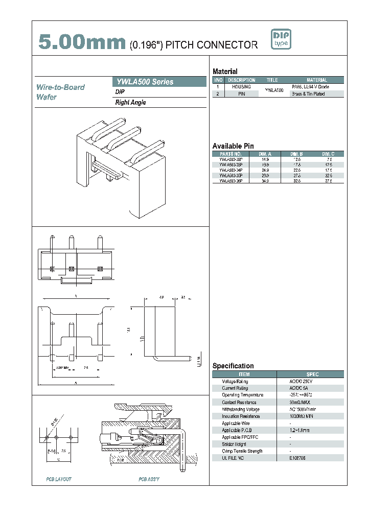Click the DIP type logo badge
pos(281,40)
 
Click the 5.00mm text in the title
pos(82,43)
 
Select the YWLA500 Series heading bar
pos(158,82)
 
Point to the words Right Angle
pos(131,103)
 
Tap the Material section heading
pos(225,72)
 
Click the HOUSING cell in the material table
pos(241,87)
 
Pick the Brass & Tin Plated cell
pos(308,94)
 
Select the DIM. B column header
pos(297,154)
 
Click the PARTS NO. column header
pos(231,154)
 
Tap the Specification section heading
pos(233,366)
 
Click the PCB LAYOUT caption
pos(59,479)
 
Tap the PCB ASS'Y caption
pos(149,479)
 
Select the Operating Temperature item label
pos(242,395)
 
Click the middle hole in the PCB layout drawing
pos(58,438)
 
